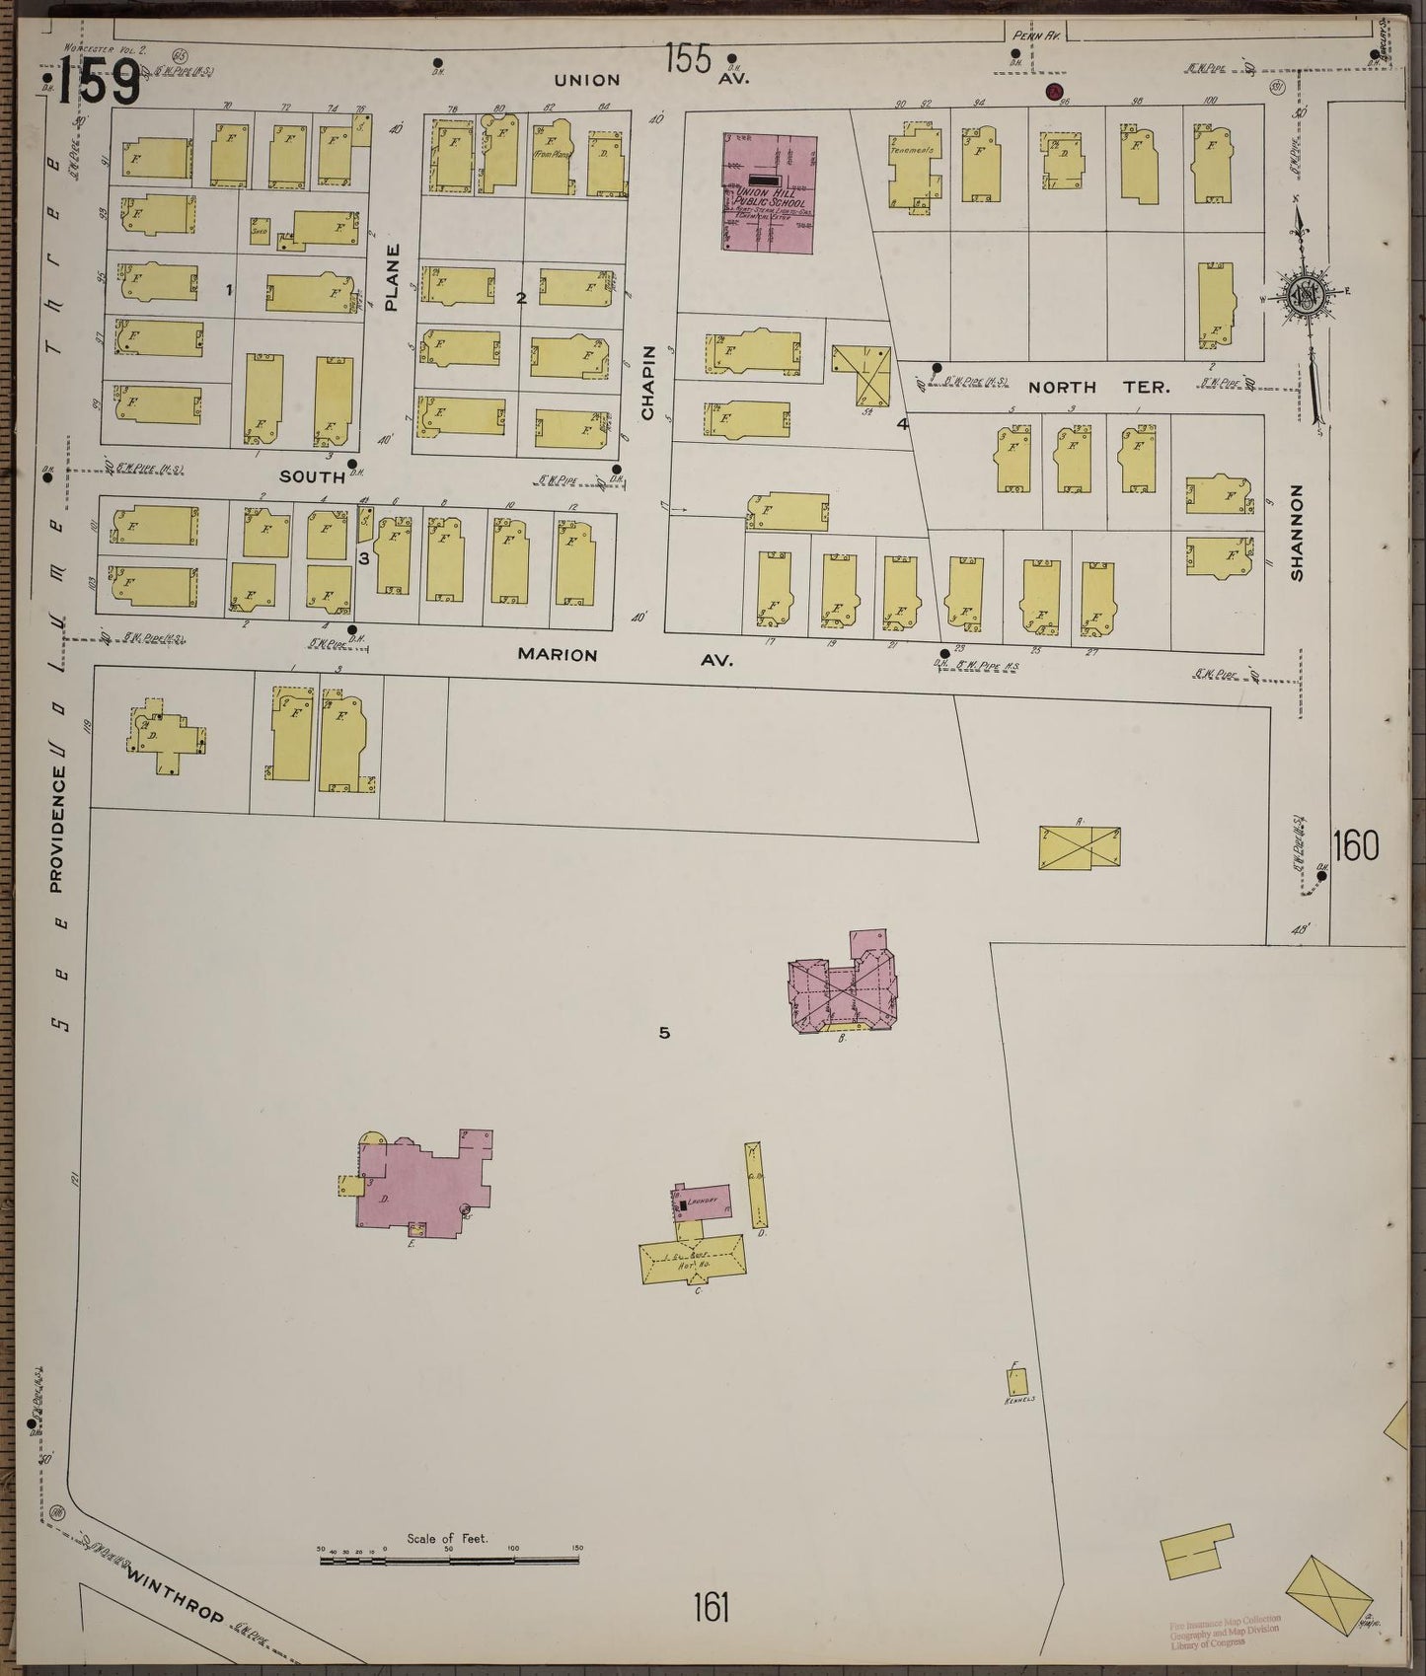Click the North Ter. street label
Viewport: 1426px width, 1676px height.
(1098, 388)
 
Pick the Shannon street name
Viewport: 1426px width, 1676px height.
(1297, 532)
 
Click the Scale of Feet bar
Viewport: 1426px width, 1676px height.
(450, 1559)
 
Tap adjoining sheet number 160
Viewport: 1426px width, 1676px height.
(1355, 845)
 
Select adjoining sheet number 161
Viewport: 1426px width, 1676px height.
(711, 1608)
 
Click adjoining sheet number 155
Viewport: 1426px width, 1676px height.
(688, 60)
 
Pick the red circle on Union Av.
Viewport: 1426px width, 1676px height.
(1055, 93)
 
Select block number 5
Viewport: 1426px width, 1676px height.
(665, 1033)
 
